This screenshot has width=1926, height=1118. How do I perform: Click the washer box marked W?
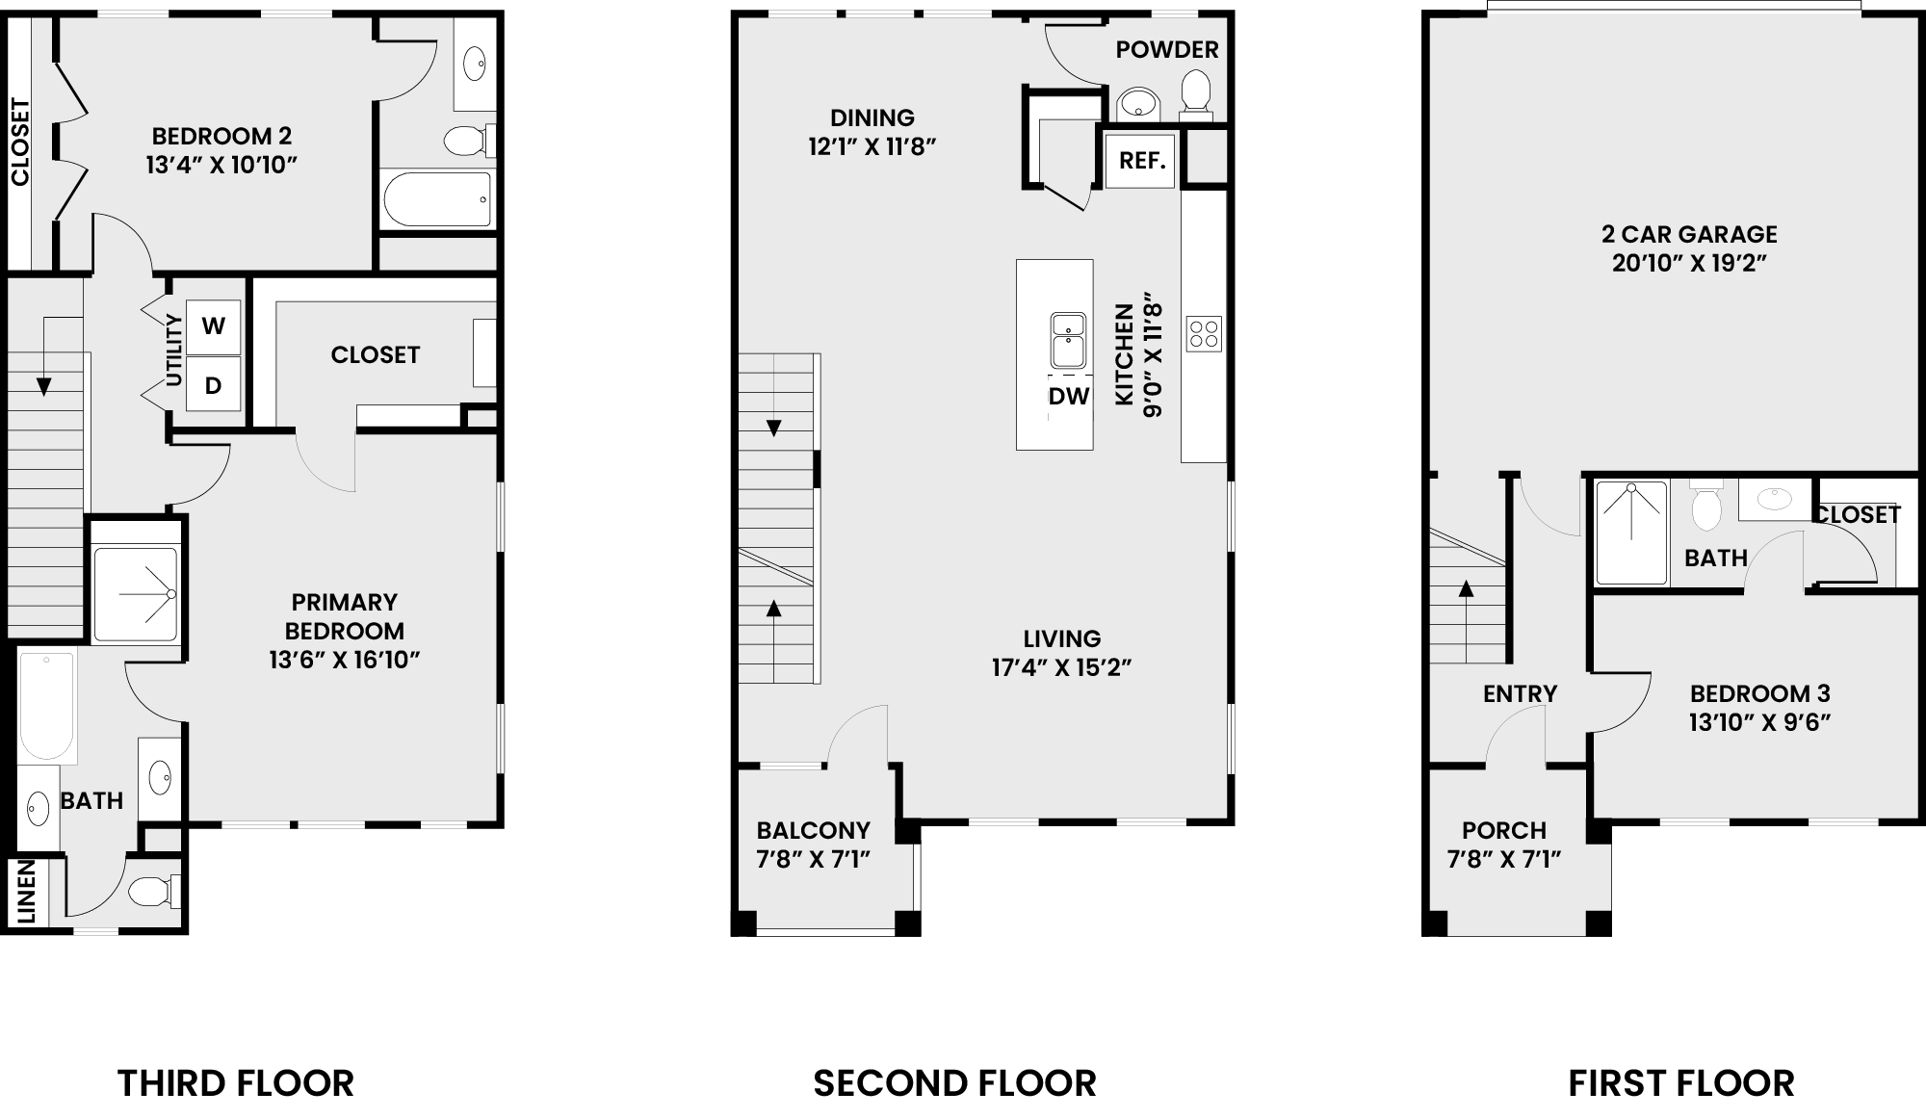[x=213, y=325]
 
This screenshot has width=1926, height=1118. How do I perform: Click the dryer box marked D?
[x=213, y=385]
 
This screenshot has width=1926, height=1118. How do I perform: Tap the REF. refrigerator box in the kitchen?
[x=1142, y=160]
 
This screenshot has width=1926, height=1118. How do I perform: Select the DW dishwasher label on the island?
[x=1069, y=396]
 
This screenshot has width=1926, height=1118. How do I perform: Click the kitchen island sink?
[x=1068, y=341]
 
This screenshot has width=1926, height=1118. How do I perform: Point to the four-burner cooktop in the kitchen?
[x=1204, y=334]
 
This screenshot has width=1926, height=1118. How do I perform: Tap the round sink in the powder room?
[x=1139, y=103]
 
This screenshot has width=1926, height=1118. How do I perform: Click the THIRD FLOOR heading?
[x=236, y=1083]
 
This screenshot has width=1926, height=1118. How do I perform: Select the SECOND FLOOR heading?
[x=954, y=1083]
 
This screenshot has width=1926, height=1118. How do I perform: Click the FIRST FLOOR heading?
[x=1681, y=1083]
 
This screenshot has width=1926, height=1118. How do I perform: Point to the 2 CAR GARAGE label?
[x=1689, y=234]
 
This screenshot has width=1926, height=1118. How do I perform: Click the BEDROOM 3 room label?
[x=1759, y=693]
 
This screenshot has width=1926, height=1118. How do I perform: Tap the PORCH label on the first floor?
[x=1504, y=830]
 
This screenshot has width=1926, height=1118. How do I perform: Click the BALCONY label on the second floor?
[x=813, y=830]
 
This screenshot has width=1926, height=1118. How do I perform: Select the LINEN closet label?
[x=27, y=892]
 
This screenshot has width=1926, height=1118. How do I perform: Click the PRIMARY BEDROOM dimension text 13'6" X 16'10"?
[x=345, y=661]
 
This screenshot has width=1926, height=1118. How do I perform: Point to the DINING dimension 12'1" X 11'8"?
[x=872, y=147]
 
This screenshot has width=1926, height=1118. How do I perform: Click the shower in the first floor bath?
[x=1631, y=533]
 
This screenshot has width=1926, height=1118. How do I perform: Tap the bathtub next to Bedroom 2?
[x=438, y=199]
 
